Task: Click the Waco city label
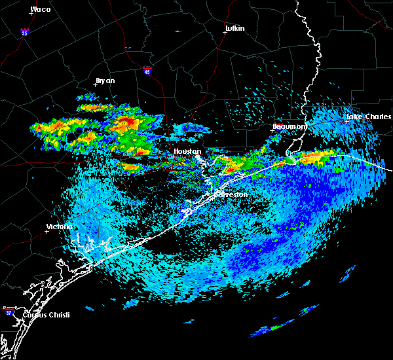(x=41, y=9)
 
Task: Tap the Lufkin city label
(x=234, y=28)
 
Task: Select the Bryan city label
(x=105, y=81)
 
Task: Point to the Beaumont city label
(x=289, y=126)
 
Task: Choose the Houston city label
(x=187, y=151)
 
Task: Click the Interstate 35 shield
(x=24, y=31)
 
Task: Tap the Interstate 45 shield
(x=148, y=69)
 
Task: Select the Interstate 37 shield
(x=9, y=310)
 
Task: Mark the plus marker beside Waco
(x=31, y=14)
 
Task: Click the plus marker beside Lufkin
(x=225, y=33)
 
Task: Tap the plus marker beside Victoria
(x=47, y=231)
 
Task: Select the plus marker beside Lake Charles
(x=347, y=121)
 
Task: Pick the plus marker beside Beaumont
(x=272, y=130)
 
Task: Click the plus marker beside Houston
(x=174, y=156)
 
